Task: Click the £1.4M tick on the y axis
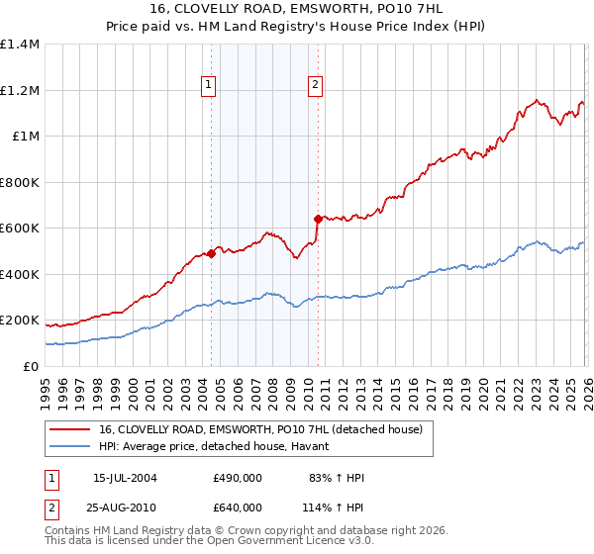click(x=20, y=45)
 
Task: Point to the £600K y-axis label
click(x=20, y=229)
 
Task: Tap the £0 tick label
click(x=31, y=366)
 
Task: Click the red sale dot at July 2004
click(x=212, y=253)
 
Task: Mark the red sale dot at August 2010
click(x=318, y=219)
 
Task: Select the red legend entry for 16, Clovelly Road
click(x=261, y=429)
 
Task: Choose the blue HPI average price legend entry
click(x=220, y=447)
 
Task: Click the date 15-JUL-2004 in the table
click(x=125, y=478)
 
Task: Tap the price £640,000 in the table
click(x=238, y=507)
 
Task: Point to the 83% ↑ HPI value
click(x=337, y=478)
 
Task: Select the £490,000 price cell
click(x=238, y=478)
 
